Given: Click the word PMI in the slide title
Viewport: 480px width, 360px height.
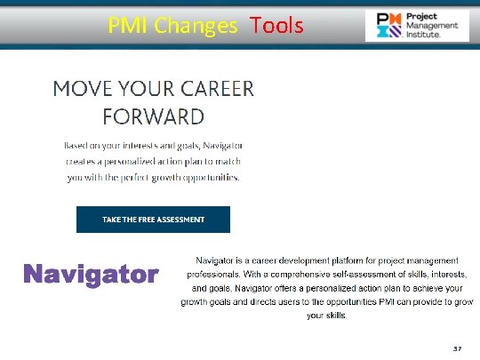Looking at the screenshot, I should [x=128, y=26].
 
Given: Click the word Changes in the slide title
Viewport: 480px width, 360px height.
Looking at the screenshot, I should [x=196, y=26].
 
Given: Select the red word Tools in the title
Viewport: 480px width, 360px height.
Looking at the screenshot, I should [x=276, y=26].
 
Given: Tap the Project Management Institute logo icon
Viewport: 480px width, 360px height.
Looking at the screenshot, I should [x=388, y=26].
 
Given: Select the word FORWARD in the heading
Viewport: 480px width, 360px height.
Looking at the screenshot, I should [x=153, y=116].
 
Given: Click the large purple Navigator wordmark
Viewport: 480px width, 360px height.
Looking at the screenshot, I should [x=90, y=274].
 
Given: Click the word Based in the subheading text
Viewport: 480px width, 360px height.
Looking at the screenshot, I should [x=77, y=145].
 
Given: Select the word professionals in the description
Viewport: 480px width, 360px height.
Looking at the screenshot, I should [x=217, y=274].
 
